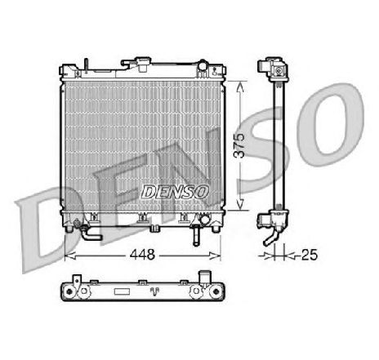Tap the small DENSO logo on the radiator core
click(176, 189)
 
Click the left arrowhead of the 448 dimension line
click(68, 253)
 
